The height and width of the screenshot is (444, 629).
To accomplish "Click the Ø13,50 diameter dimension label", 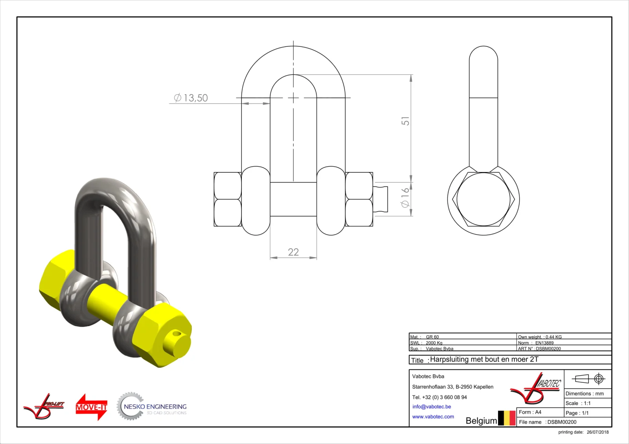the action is click(x=191, y=98).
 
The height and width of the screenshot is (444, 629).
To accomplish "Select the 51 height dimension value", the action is click(x=405, y=121).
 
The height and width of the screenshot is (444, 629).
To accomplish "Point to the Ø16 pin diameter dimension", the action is click(x=405, y=198).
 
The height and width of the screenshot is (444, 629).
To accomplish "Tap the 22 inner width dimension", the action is click(x=293, y=252).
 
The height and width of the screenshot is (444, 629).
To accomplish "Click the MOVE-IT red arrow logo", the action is click(x=92, y=407).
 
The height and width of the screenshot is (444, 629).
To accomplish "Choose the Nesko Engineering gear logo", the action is click(x=152, y=406).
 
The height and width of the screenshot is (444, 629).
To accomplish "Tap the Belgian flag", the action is click(x=507, y=418).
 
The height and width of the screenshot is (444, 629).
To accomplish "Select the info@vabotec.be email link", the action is click(x=432, y=407).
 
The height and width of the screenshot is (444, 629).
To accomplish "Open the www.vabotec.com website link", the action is click(x=433, y=417).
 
